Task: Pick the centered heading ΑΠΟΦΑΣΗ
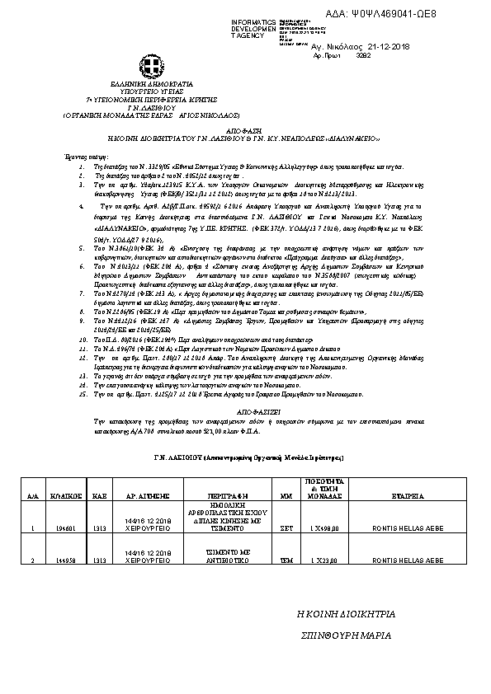(x=245, y=129)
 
